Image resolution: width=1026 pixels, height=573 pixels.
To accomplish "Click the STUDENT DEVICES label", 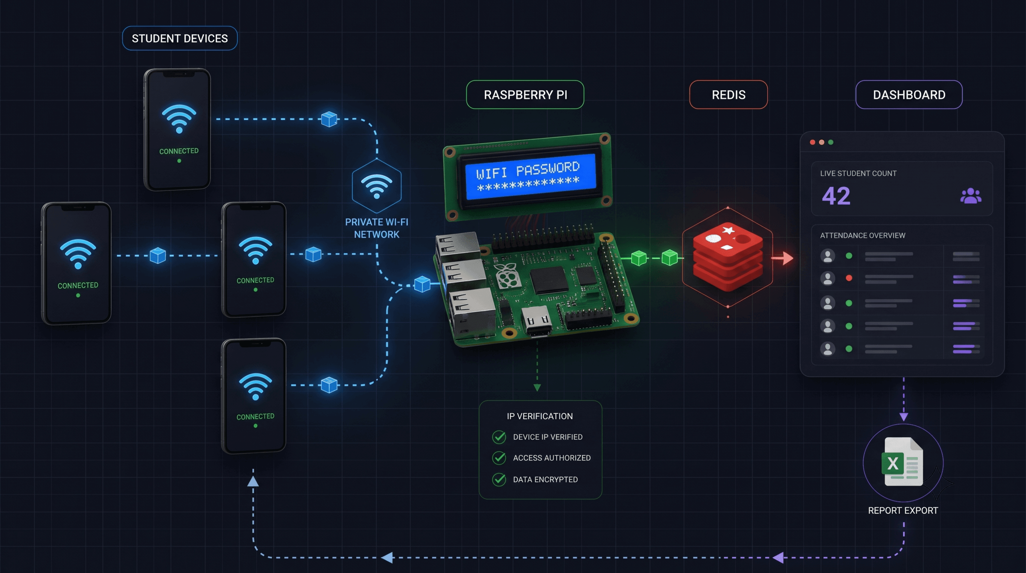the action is point(180,38).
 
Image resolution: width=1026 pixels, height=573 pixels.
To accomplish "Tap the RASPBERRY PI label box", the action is point(525,95).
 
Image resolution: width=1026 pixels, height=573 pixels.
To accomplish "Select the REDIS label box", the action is point(728,95).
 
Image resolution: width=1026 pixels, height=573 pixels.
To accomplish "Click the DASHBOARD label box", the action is point(909,95).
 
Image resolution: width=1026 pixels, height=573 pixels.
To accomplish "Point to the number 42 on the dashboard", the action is point(836,196).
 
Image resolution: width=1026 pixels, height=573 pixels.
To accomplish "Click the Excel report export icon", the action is point(903,461).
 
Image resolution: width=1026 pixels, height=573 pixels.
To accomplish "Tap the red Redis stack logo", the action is point(728,257).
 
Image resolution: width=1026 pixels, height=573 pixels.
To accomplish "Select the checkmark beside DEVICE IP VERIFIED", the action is point(499,437).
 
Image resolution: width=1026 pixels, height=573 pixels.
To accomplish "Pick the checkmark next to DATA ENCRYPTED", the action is point(499,479).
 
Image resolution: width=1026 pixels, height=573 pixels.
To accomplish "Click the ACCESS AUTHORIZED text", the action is point(552,458).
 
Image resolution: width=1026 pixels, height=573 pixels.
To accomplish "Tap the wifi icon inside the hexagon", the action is point(376,186).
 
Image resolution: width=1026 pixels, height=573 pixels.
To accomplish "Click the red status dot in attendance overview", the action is point(849,278).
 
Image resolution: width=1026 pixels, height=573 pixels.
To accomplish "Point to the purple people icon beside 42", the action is point(971,196).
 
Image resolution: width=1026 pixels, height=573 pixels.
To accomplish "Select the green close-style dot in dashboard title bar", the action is point(831,142).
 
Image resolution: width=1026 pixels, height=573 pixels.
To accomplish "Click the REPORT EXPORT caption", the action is point(903,510).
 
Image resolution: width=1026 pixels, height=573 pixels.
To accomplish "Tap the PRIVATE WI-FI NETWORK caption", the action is point(376,228).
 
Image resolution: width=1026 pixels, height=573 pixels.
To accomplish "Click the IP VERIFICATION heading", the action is point(540,416).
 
